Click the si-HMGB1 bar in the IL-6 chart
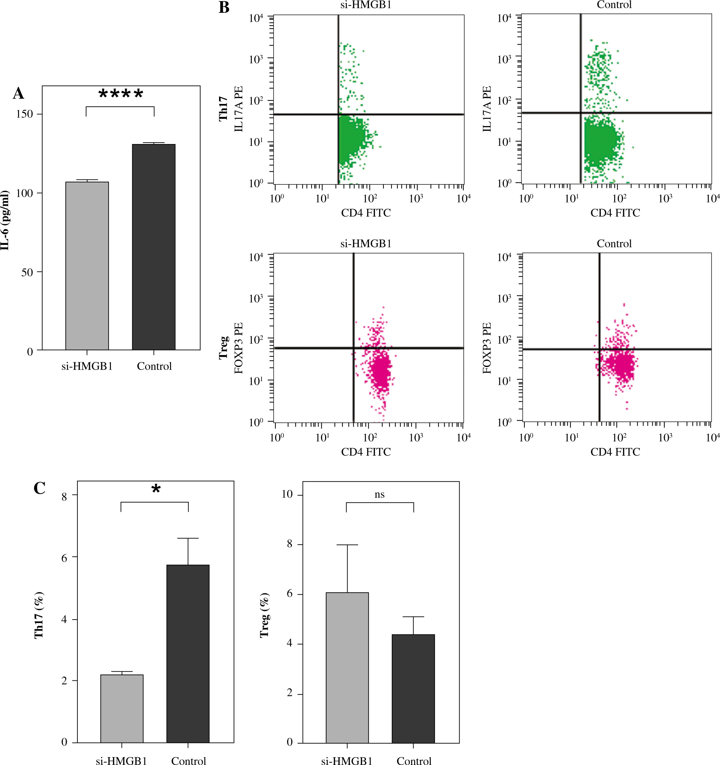pyautogui.click(x=87, y=266)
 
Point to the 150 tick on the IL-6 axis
pyautogui.click(x=25, y=114)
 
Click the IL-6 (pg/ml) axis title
pyautogui.click(x=5, y=220)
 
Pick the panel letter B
pyautogui.click(x=224, y=8)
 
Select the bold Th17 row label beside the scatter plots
pyautogui.click(x=224, y=109)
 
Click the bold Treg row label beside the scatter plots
pyautogui.click(x=224, y=347)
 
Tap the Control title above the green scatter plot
pyautogui.click(x=614, y=5)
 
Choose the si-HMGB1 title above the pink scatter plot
pyautogui.click(x=366, y=243)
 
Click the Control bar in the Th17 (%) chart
pyautogui.click(x=188, y=654)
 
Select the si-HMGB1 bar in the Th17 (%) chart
pyautogui.click(x=122, y=708)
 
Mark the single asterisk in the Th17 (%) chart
pyautogui.click(x=156, y=490)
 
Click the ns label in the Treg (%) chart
pyautogui.click(x=379, y=495)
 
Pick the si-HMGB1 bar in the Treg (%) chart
pyautogui.click(x=347, y=668)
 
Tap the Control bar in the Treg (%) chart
pyautogui.click(x=413, y=688)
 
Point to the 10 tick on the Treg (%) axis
pyautogui.click(x=287, y=494)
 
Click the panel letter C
pyautogui.click(x=40, y=488)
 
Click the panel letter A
pyautogui.click(x=18, y=94)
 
